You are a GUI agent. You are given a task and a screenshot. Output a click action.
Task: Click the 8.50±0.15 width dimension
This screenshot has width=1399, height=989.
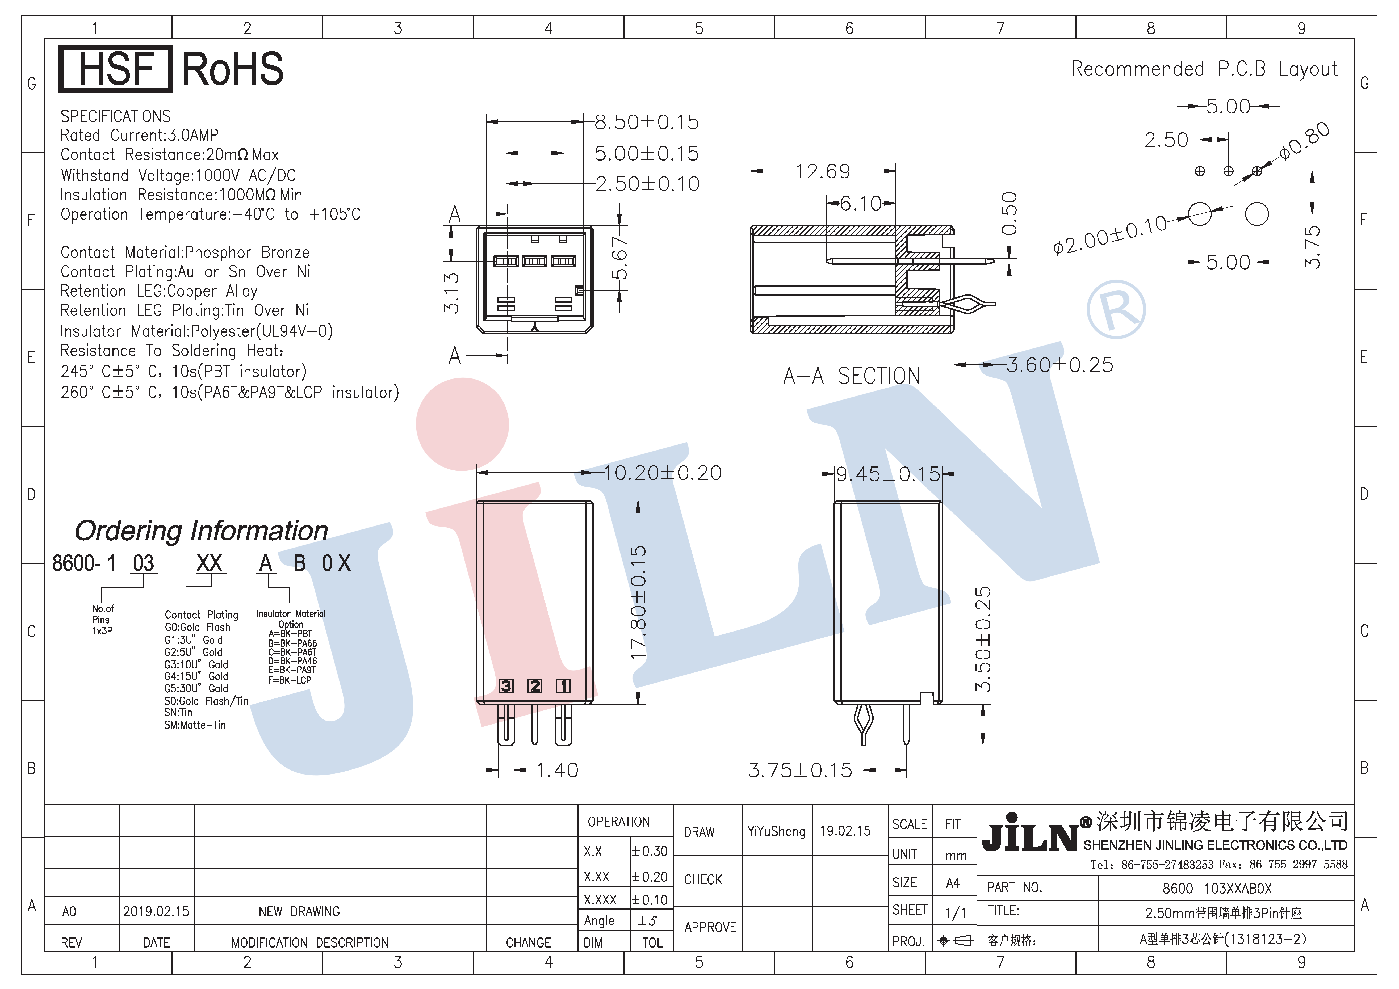click(x=646, y=122)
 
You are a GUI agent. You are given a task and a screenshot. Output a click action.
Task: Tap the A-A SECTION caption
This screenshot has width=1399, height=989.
click(x=851, y=376)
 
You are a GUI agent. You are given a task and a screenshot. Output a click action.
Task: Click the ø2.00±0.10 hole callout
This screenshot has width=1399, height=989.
click(x=1110, y=234)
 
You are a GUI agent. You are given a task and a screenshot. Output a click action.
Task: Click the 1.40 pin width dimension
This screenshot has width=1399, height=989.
click(x=557, y=770)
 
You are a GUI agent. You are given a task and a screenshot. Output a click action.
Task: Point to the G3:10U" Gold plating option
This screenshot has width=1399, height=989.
click(x=196, y=664)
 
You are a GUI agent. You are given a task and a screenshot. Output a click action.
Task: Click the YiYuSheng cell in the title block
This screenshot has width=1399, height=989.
click(x=776, y=831)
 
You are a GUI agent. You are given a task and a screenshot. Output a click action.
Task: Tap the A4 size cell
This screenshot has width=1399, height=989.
click(x=953, y=882)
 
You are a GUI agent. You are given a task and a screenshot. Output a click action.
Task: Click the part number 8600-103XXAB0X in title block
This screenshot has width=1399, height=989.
click(x=1217, y=889)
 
